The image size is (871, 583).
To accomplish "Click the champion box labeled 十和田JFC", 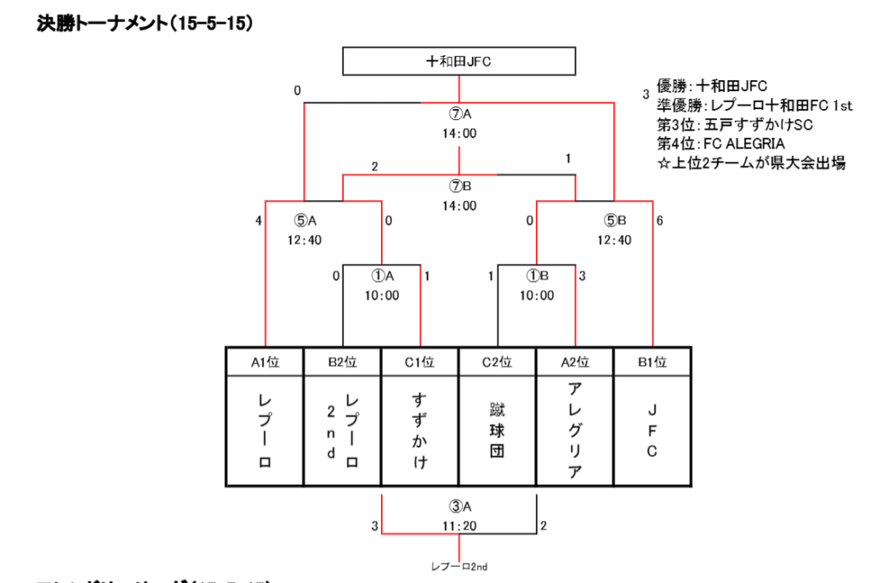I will [459, 61].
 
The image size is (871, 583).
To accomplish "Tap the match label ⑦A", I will [459, 114].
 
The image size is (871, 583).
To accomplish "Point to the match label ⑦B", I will [459, 186].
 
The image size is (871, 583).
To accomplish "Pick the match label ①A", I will [382, 276].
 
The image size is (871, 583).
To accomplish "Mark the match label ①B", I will [537, 276].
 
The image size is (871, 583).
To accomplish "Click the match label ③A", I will [459, 508].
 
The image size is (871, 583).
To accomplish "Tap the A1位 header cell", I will [265, 362].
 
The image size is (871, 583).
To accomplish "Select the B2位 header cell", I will [342, 362].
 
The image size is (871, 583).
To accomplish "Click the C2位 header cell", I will [498, 362].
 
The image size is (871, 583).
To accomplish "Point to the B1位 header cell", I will [652, 362].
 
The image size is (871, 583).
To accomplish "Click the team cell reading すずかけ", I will [420, 431].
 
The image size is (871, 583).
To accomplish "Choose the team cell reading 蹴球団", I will [498, 431].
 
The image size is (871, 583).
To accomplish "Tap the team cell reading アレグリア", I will [575, 431].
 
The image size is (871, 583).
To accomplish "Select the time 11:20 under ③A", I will [459, 526].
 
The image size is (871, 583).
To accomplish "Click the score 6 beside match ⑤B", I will [659, 221].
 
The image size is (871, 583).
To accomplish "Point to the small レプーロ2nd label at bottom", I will [459, 566].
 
